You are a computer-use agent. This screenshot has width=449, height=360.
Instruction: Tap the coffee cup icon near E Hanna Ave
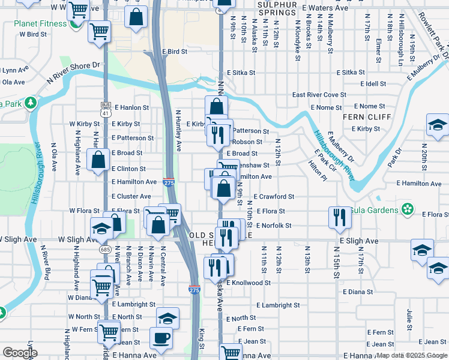pyautogui.click(x=160, y=338)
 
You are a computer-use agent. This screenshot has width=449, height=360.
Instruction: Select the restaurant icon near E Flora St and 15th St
pyautogui.click(x=338, y=217)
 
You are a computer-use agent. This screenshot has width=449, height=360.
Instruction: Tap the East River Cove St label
pyautogui.click(x=319, y=95)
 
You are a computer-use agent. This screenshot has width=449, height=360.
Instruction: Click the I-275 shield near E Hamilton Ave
pyautogui.click(x=169, y=182)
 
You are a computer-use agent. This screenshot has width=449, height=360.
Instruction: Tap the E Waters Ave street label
pyautogui.click(x=326, y=8)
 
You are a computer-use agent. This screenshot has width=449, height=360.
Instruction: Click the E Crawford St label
pyautogui.click(x=274, y=196)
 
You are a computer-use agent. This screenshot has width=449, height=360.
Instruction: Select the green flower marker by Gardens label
pyautogui.click(x=408, y=209)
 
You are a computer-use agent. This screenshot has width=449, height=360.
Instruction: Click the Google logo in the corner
pyautogui.click(x=20, y=353)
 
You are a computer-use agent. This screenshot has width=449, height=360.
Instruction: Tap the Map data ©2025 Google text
pyautogui.click(x=412, y=355)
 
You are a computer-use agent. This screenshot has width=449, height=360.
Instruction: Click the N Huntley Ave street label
pyautogui.click(x=178, y=130)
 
